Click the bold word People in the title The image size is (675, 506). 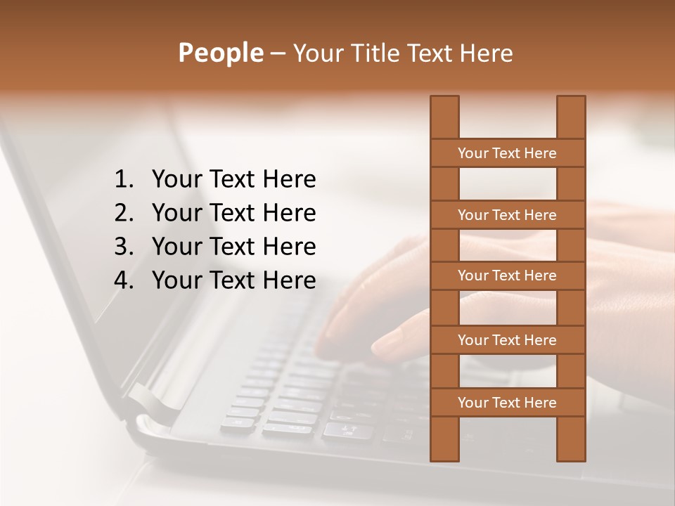point(220,53)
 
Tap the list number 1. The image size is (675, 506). point(123,180)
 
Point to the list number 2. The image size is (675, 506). point(123,213)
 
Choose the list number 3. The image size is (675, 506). point(123,247)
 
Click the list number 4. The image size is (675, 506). point(123,280)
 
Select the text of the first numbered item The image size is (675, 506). point(233,180)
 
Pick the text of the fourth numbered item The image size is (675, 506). point(233,280)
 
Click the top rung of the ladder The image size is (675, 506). point(507,153)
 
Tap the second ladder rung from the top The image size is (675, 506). point(507,215)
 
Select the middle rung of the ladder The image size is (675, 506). point(507,275)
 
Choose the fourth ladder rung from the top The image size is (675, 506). point(507,340)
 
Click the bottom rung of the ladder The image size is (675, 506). point(507,403)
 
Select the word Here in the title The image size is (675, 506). point(485,53)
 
